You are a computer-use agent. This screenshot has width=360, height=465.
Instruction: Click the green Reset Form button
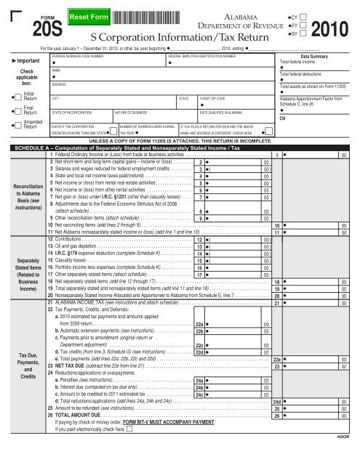pyautogui.click(x=87, y=16)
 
